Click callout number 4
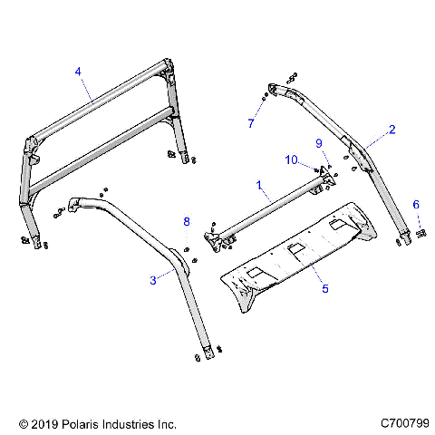(78, 71)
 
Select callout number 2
(391, 130)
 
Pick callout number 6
(416, 206)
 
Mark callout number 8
(186, 221)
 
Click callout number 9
(318, 143)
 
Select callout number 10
(292, 159)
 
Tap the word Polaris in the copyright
(79, 423)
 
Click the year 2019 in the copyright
(43, 423)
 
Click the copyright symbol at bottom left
(23, 423)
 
